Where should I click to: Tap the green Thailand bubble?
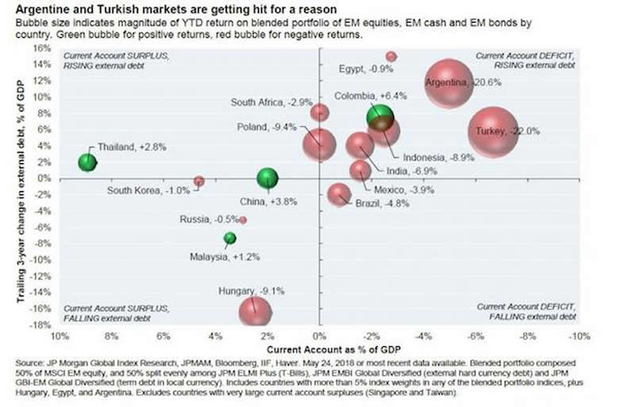coord(87,162)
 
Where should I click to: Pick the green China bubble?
coord(268,180)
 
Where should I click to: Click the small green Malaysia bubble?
coord(230,238)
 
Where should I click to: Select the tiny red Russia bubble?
coord(243,219)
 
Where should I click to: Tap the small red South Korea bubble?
coord(199,181)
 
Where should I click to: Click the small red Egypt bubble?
coord(391,56)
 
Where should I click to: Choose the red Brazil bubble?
coord(340,195)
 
